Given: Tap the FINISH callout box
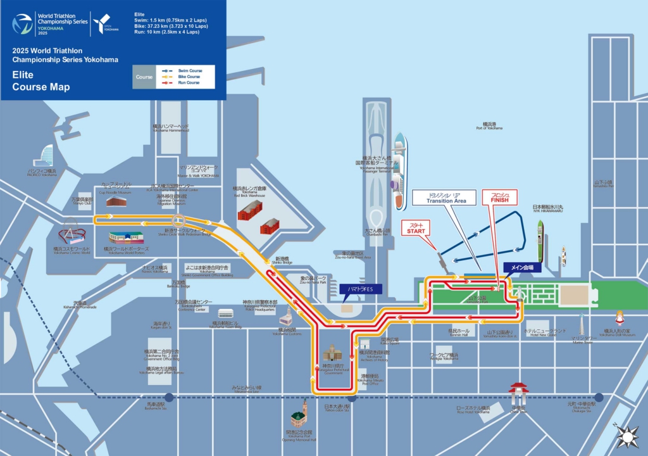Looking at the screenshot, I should [500, 197].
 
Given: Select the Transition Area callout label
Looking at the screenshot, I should [447, 198].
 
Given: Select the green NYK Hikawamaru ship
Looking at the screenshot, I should [540, 241].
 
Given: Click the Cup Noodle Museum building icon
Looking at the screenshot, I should [116, 201].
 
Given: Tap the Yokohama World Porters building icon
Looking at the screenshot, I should [126, 237].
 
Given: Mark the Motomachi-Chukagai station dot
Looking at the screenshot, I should [598, 398].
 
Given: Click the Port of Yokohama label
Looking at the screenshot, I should [489, 126].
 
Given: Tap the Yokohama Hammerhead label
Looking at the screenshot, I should [171, 128].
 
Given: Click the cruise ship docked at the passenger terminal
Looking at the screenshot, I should [399, 171].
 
